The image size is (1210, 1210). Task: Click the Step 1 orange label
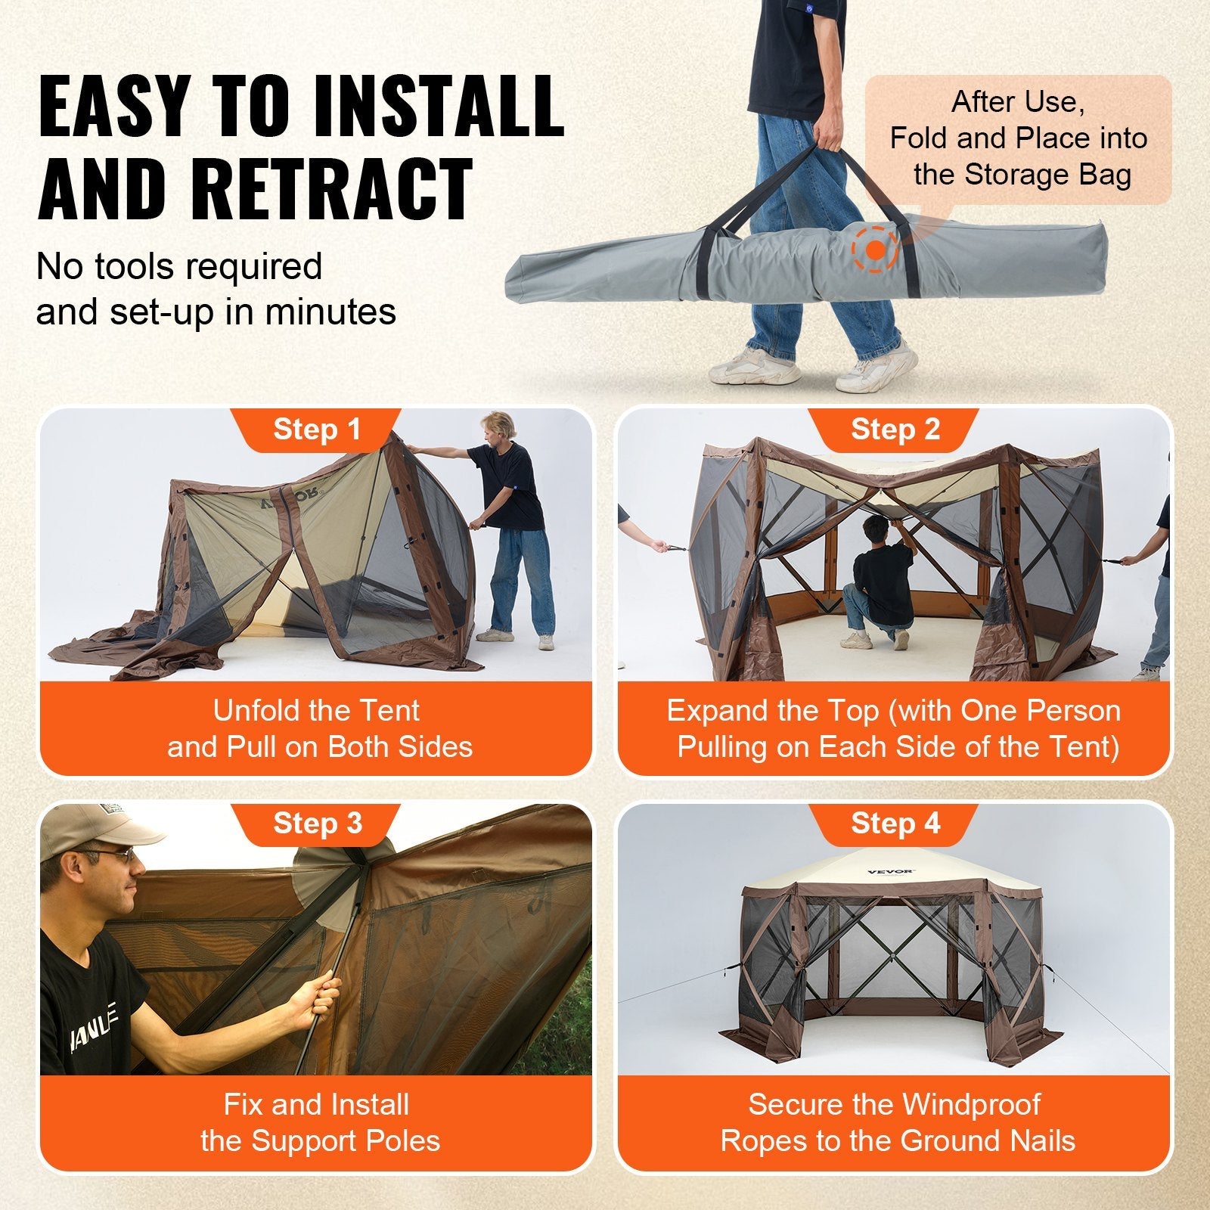pos(317,430)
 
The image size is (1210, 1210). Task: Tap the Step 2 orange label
pos(895,430)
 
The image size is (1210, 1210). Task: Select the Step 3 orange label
pos(317,824)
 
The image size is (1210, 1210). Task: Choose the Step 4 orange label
pos(895,824)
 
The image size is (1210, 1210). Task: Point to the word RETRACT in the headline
pos(333,189)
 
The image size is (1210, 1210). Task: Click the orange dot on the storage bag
pos(876,250)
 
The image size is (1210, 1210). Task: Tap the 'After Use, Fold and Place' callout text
pos(1018,138)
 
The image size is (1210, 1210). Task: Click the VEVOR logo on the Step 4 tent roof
pos(890,872)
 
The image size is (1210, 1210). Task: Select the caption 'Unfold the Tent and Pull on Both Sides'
pos(317,728)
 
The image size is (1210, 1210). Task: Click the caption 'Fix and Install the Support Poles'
pos(317,1122)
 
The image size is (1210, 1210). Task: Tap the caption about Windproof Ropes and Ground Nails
pos(895,1122)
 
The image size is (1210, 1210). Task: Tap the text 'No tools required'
pos(179,266)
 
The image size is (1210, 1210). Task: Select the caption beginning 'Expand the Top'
pos(895,728)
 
